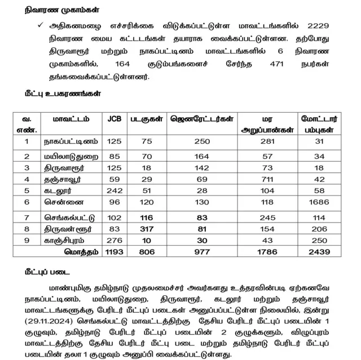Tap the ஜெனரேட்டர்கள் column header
201,119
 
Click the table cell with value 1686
320,202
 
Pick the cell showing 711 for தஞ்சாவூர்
267,179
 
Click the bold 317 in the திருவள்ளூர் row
147,229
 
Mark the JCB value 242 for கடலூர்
114,190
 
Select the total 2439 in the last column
320,251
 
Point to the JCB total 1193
114,251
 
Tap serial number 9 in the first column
27,241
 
